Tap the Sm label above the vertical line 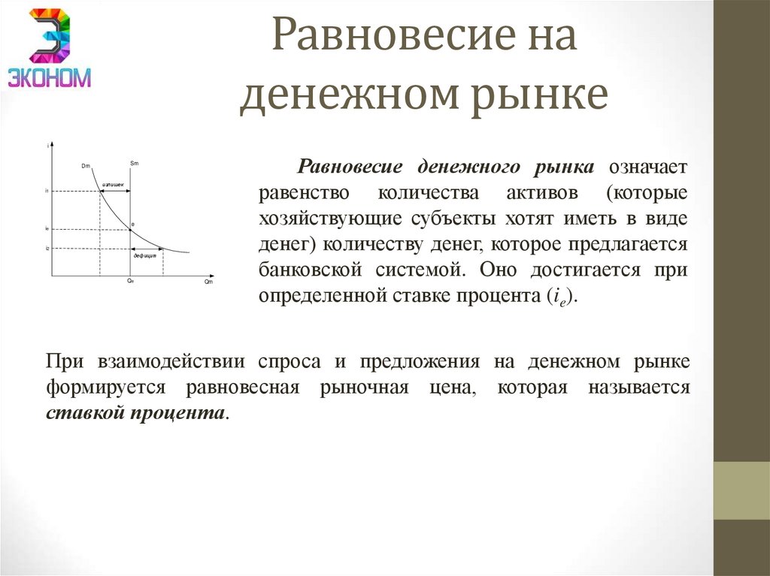click(134, 162)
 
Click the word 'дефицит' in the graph click(144, 256)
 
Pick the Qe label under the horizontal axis click(130, 281)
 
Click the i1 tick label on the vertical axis click(47, 191)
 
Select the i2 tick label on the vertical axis click(47, 248)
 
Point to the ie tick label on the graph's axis click(47, 228)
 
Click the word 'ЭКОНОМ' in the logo click(50, 77)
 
